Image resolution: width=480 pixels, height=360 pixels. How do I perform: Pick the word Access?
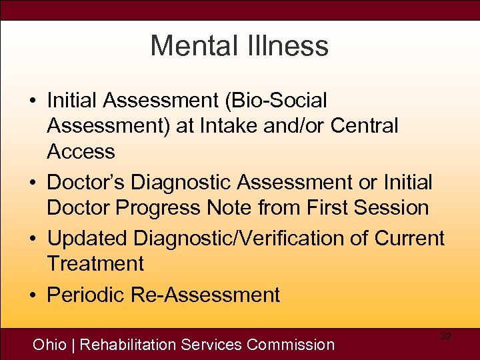click(81, 151)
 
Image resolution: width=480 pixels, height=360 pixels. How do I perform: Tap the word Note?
click(228, 207)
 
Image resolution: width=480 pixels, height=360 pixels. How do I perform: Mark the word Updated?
click(87, 238)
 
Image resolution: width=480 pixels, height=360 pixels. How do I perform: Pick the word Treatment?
click(95, 263)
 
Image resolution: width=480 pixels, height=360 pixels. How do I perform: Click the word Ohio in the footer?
click(50, 345)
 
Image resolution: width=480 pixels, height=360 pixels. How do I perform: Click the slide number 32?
click(446, 337)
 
